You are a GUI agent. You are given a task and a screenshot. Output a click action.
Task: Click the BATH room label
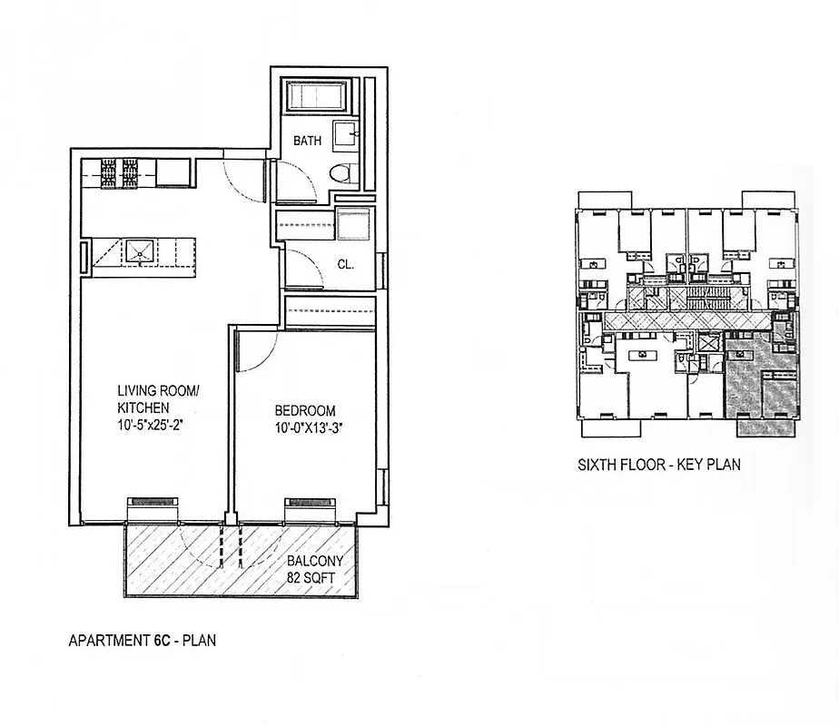(307, 142)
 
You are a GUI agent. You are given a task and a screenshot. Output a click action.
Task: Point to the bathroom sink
(344, 135)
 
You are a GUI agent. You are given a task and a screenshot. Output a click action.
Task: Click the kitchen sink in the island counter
(141, 250)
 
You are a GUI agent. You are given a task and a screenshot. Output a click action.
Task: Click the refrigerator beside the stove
(173, 172)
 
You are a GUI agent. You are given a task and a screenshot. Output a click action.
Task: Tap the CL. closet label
(345, 266)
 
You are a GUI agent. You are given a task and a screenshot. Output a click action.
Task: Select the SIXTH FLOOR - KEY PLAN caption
(659, 466)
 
